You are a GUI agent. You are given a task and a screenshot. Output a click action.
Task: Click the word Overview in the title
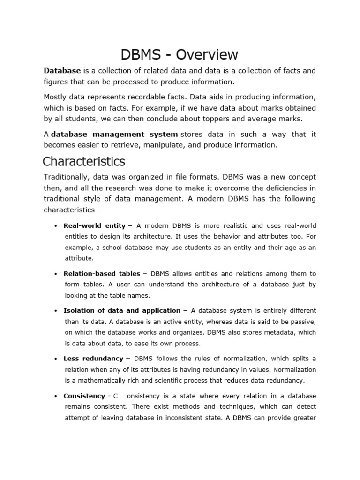207,55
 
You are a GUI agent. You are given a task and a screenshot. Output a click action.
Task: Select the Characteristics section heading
84,162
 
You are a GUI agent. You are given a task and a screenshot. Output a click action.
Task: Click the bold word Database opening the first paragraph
62,71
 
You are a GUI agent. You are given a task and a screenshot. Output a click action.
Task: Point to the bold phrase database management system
114,134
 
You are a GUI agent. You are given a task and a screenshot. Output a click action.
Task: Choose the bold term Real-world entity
95,225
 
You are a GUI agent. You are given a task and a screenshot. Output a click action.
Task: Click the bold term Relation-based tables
102,273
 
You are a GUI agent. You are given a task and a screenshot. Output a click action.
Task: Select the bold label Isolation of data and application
122,310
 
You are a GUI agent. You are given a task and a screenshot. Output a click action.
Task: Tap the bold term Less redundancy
93,359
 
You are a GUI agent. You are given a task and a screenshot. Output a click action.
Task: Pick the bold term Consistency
84,396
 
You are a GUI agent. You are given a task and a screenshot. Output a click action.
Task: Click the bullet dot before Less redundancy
56,359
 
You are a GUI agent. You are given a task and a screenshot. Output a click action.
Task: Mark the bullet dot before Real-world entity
56,226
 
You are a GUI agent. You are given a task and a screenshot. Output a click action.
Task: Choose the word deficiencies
284,188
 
